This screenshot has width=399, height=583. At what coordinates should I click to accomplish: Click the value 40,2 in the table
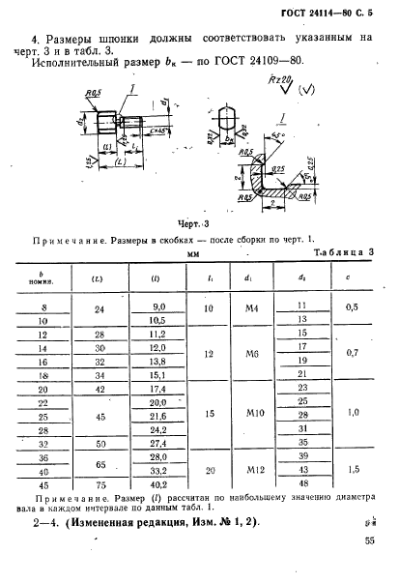(x=147, y=484)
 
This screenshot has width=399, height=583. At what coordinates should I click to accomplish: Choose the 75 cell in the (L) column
(x=100, y=484)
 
